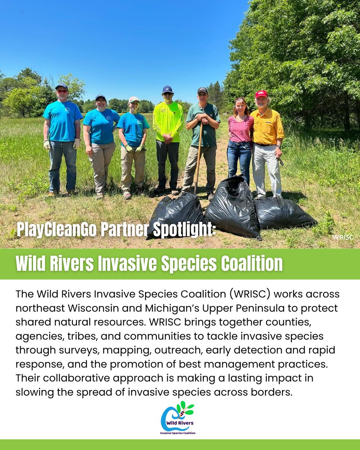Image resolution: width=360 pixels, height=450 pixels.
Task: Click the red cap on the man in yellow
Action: coord(261,94)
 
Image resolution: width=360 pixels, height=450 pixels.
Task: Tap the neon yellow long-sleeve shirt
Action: coord(168,120)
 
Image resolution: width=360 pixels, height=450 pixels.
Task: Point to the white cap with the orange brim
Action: coord(133,100)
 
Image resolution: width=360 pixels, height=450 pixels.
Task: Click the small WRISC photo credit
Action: coord(342,237)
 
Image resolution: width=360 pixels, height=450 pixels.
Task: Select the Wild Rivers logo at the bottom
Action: coord(178,418)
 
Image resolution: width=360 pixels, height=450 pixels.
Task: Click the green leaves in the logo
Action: coord(186,408)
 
